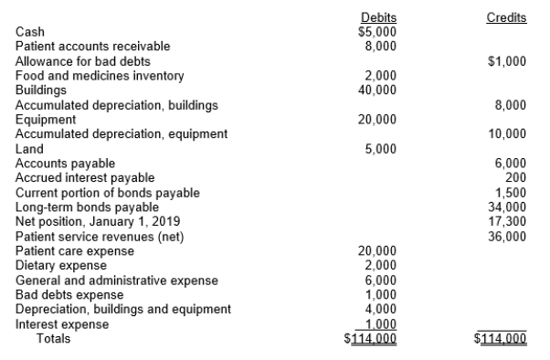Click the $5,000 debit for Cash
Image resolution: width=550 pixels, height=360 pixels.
(x=377, y=30)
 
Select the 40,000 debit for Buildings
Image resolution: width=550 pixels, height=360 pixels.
(x=380, y=90)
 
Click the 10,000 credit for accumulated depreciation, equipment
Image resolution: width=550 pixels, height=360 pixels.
(x=510, y=134)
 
